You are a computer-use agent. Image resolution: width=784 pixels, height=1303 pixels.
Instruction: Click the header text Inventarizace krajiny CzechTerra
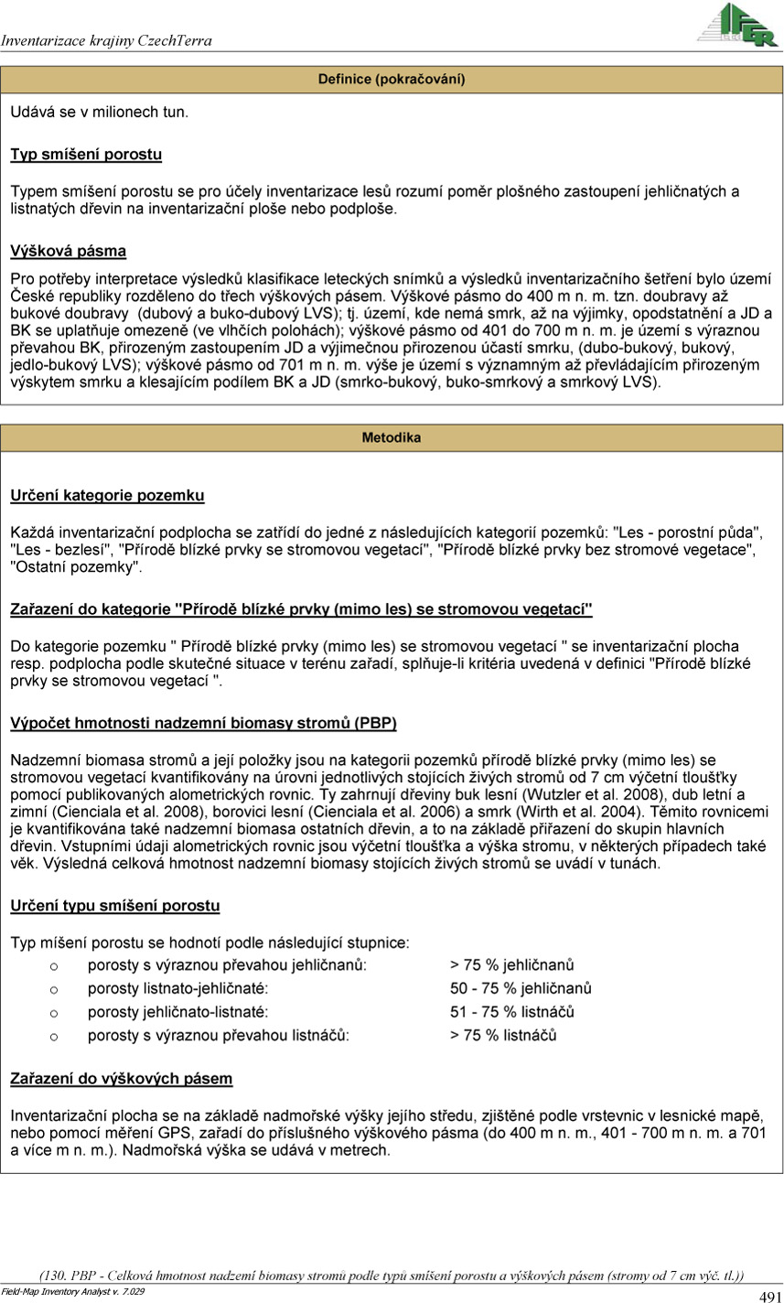pos(107,41)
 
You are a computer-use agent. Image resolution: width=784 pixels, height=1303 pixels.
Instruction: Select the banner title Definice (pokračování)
pos(392,80)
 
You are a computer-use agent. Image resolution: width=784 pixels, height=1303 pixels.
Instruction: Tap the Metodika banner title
pos(392,438)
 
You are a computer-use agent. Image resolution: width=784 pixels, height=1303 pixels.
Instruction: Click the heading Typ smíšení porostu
pos(86,154)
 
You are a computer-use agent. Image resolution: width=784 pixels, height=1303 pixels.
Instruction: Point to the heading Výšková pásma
pos(69,250)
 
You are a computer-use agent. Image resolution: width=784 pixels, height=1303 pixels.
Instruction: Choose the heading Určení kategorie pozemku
pos(107,495)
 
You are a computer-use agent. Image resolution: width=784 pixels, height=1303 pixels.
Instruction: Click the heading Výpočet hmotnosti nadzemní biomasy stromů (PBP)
pos(203,724)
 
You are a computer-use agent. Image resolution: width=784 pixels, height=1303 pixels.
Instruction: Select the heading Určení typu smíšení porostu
pos(115,906)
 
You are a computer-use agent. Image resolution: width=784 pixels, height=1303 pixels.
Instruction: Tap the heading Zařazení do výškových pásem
pos(122,1079)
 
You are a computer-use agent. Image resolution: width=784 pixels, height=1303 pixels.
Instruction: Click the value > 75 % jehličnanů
pos(511,965)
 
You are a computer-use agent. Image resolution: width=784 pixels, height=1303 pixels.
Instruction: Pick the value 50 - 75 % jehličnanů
pos(521,989)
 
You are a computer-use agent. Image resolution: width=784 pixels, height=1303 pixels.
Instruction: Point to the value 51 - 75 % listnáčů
pos(511,1013)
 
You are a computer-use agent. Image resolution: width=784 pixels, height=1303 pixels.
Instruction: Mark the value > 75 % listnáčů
pos(503,1036)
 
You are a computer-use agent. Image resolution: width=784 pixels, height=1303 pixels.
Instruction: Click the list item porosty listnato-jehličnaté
pos(178,989)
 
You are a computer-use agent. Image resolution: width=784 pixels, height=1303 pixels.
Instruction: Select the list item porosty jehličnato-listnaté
pos(178,1013)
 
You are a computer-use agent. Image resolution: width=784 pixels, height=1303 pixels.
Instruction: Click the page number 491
pos(769,1296)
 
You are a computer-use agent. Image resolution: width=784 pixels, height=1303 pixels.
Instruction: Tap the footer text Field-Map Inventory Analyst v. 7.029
pos(72,1291)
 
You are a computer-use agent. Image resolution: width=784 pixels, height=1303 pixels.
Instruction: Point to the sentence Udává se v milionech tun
pos(100,112)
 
